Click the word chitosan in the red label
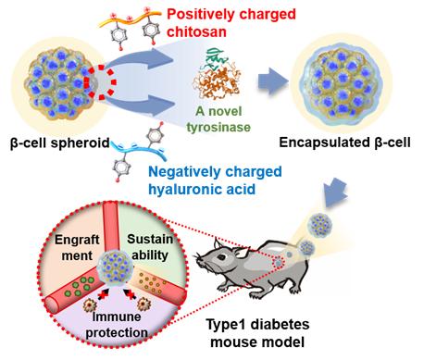click(196, 31)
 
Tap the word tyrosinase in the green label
click(218, 127)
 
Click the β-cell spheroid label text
click(60, 143)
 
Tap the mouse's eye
click(220, 257)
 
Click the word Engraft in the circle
click(77, 240)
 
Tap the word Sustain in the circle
click(150, 239)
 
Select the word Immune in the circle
click(117, 317)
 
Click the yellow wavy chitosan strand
click(131, 19)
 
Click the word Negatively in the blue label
click(184, 172)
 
